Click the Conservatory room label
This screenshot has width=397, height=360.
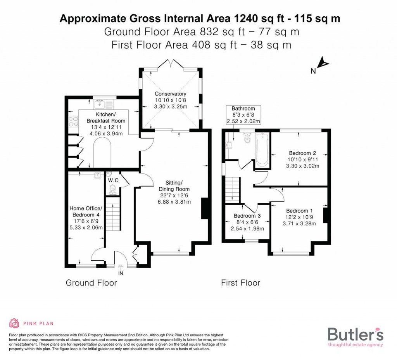(170, 94)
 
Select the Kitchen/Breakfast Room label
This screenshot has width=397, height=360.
(101, 118)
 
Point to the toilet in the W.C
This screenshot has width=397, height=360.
(112, 189)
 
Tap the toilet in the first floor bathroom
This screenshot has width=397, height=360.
(247, 138)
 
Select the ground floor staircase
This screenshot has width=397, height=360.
(113, 213)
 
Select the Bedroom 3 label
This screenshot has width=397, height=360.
(247, 216)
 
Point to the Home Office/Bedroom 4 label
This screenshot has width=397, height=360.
(86, 212)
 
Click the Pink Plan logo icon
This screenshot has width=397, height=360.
(14, 323)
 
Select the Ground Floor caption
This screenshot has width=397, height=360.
(91, 283)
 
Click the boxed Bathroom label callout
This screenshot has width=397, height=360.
(243, 115)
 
